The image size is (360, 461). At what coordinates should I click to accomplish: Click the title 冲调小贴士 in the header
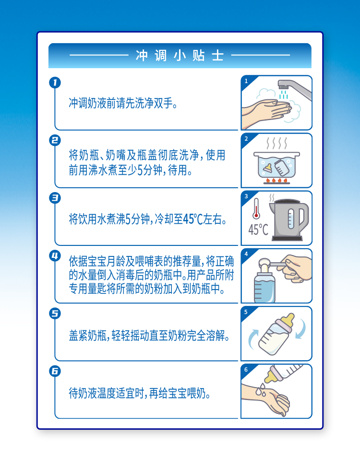point(180,56)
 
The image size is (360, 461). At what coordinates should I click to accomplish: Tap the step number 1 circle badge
point(55,83)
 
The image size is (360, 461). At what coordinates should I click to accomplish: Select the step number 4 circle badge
point(55,256)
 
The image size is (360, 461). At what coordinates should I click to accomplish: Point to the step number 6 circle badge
point(55,371)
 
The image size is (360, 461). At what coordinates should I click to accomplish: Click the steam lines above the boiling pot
point(276,143)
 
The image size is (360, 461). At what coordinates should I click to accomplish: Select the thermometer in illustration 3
point(256,208)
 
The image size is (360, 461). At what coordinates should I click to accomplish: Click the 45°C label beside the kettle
point(258,230)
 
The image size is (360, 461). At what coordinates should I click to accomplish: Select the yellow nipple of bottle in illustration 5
point(288,320)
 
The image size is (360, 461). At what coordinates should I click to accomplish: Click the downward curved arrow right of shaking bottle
point(301,328)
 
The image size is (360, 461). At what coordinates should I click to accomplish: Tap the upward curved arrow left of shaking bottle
point(253,339)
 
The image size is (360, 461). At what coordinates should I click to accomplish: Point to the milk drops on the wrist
point(261,389)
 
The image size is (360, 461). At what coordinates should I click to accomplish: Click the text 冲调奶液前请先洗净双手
point(123,103)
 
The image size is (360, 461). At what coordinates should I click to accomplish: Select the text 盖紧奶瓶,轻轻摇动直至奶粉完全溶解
point(149,336)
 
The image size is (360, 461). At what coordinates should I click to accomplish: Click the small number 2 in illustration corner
point(246,139)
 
